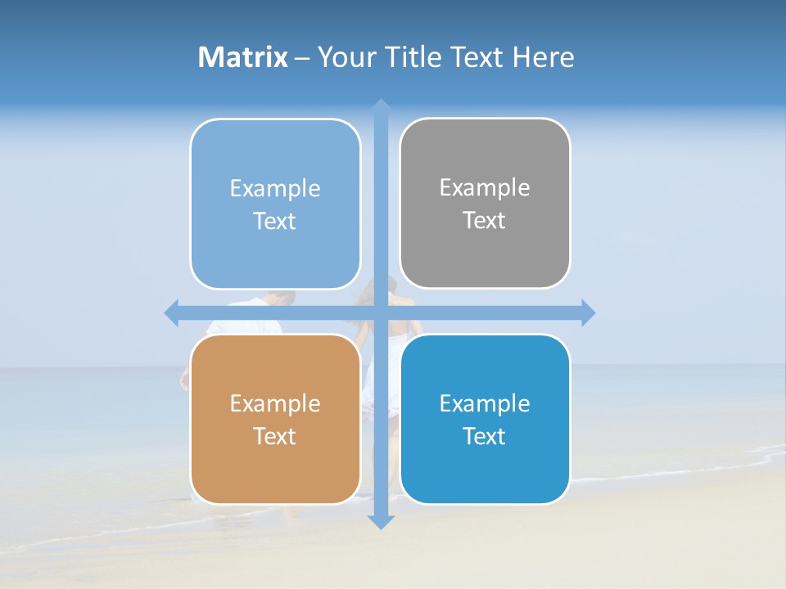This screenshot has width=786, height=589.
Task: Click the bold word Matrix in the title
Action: [x=242, y=57]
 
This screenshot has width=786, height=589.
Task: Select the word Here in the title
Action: [x=543, y=57]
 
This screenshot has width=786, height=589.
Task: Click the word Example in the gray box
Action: [x=485, y=187]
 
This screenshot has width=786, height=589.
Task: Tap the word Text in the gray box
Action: [x=485, y=220]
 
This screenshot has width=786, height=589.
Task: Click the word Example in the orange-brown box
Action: [x=275, y=403]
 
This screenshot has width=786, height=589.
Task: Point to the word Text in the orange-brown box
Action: [x=275, y=436]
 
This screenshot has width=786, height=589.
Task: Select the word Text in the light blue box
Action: [x=275, y=221]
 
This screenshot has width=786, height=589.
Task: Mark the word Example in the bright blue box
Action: [x=485, y=403]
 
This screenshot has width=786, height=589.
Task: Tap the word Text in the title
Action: [x=478, y=57]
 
